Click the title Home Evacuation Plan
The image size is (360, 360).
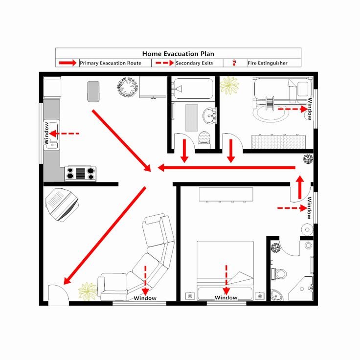pyautogui.click(x=178, y=54)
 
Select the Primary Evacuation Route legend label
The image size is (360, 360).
pyautogui.click(x=111, y=63)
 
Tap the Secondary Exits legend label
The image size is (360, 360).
pyautogui.click(x=194, y=63)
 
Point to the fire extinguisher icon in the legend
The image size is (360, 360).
pyautogui.click(x=234, y=63)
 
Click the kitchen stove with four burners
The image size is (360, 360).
pyautogui.click(x=80, y=173)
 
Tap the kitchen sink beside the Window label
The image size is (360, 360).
pyautogui.click(x=52, y=135)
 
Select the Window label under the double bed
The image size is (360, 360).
pyautogui.click(x=226, y=297)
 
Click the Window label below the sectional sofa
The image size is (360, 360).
pyautogui.click(x=145, y=298)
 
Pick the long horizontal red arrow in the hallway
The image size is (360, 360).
pyautogui.click(x=226, y=168)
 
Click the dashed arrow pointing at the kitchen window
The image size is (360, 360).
pyautogui.click(x=64, y=134)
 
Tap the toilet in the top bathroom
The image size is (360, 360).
pyautogui.click(x=204, y=138)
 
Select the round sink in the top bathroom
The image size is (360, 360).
pyautogui.click(x=209, y=115)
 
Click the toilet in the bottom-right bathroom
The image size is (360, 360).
pyautogui.click(x=279, y=274)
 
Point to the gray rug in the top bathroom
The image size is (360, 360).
pyautogui.click(x=192, y=118)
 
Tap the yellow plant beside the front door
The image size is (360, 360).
pyautogui.click(x=88, y=291)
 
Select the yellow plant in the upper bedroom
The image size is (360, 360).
pyautogui.click(x=229, y=86)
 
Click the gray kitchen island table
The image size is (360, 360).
pyautogui.click(x=93, y=91)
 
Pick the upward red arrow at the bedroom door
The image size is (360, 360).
pyautogui.click(x=300, y=187)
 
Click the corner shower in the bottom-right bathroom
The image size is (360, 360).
pyautogui.click(x=301, y=289)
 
